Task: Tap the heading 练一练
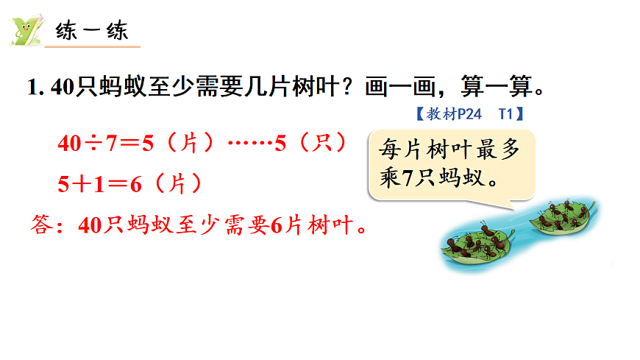pos(92,32)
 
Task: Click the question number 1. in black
pos(34,88)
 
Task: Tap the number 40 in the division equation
pos(68,143)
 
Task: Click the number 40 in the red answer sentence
pos(89,225)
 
